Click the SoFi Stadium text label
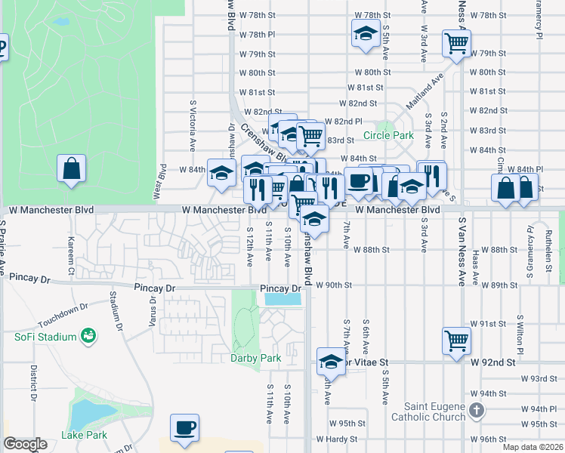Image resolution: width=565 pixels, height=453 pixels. pos(46,337)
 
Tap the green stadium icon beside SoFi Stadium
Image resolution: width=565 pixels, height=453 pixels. pos(88,335)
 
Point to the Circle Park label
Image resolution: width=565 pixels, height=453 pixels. pos(388,135)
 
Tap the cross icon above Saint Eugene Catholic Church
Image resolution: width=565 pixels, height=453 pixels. pos(476,411)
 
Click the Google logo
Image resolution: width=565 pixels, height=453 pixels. pos(25,444)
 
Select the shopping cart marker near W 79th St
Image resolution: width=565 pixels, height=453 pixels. pos(456,43)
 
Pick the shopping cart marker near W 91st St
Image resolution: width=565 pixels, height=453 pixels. pos(456,340)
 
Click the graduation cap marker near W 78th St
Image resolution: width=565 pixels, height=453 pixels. pos(366,33)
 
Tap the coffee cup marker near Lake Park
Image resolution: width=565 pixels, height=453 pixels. pos(185,427)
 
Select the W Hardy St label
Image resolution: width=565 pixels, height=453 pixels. pos(336,439)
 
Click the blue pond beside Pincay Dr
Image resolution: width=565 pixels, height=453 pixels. pos(282,300)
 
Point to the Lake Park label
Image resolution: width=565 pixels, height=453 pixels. pos(85,435)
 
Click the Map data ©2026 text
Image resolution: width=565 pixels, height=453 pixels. pos(532,447)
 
